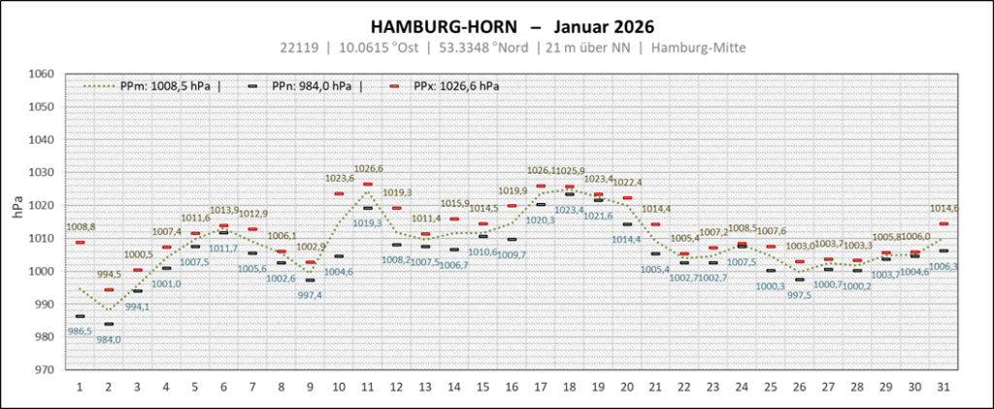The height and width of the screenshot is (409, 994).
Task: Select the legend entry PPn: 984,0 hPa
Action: [309, 85]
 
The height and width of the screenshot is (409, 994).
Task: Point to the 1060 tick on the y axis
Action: [41, 74]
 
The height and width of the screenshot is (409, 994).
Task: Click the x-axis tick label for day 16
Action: [511, 387]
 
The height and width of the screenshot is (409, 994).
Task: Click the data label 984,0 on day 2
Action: [109, 339]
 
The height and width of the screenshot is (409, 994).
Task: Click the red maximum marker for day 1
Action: [80, 242]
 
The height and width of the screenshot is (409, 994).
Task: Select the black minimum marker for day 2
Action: [109, 324]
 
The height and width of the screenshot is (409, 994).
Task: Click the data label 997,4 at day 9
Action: [311, 294]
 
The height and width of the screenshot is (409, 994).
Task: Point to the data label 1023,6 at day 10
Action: [339, 179]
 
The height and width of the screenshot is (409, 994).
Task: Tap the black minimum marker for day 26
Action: [800, 280]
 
